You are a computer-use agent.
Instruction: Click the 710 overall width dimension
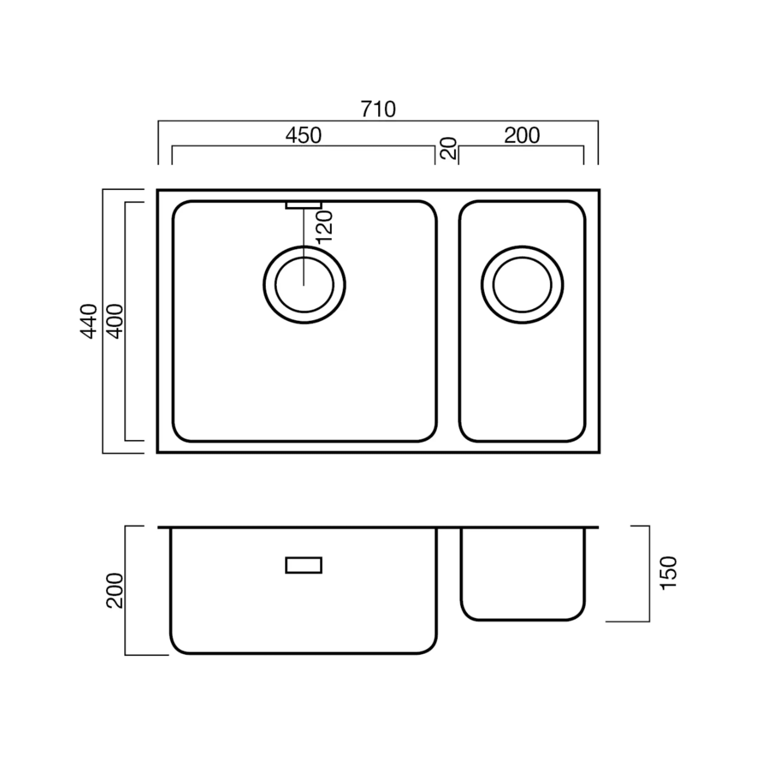378,110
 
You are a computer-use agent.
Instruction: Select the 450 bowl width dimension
303,135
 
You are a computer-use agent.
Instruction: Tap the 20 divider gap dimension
448,148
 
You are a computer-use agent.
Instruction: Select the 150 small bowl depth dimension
668,573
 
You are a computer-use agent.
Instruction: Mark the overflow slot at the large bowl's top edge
303,206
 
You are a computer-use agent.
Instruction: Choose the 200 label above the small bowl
522,135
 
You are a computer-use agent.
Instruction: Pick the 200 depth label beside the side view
115,591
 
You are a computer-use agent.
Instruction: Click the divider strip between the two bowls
448,321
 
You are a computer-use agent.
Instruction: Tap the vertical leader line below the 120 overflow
303,247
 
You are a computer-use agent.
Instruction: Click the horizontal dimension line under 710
378,121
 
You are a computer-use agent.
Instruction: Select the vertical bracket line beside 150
649,574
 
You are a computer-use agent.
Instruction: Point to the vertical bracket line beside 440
103,321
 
